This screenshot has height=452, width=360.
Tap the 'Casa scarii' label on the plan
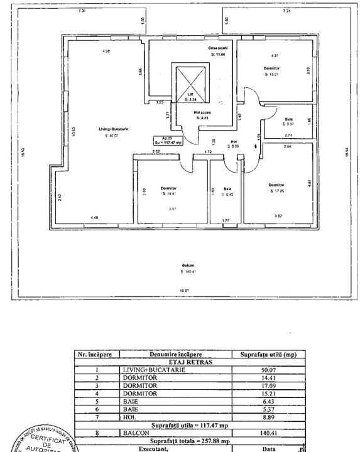(217, 48)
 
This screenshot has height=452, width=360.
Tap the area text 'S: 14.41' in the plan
(168, 193)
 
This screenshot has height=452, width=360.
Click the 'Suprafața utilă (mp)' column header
(268, 355)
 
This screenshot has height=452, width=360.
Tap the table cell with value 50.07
(268, 370)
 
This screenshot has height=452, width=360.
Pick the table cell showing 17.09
(268, 385)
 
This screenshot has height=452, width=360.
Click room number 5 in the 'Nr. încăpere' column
(97, 400)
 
